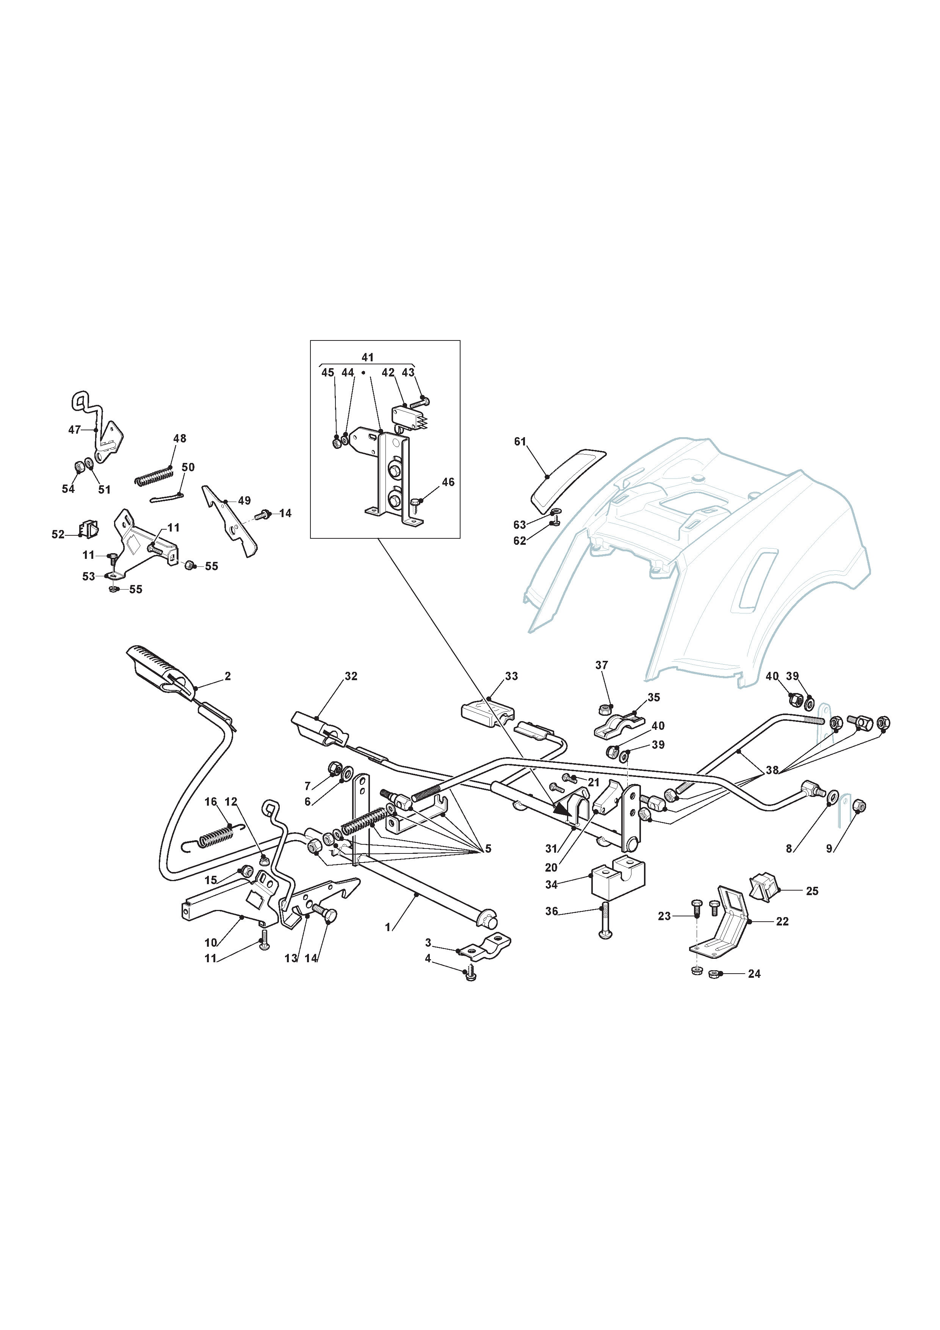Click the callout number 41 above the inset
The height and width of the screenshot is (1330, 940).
click(368, 358)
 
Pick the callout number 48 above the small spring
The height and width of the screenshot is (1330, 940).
click(180, 439)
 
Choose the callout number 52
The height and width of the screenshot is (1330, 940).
click(58, 534)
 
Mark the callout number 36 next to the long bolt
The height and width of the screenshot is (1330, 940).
click(551, 911)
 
